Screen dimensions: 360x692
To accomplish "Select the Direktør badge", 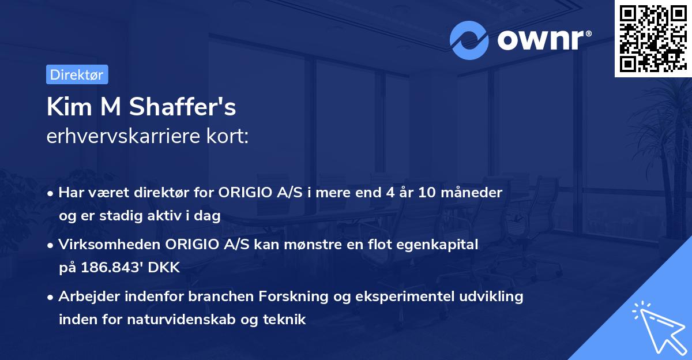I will (x=77, y=74).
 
